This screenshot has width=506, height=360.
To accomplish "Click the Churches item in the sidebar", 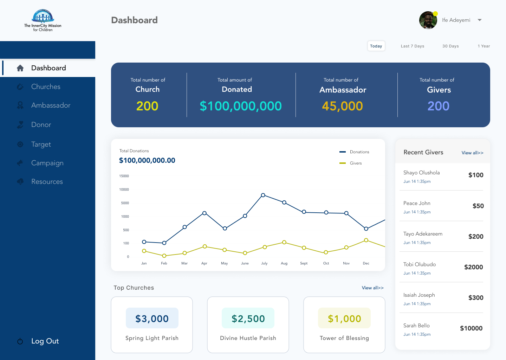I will coord(46,86).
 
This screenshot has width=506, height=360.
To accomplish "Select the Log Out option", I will coord(45,341).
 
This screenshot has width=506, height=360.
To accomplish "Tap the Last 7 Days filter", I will coord(412,46).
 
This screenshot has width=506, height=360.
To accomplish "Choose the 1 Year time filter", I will coord(484,46).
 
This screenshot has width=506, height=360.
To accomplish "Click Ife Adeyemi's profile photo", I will coord(428,20).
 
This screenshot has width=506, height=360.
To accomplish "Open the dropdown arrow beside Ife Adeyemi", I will coord(480,20).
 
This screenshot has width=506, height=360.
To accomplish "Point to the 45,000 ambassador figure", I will coord(342,106).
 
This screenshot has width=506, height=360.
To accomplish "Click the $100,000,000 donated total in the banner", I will coord(241,106).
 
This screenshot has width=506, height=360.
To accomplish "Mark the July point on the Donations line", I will coord(263,195).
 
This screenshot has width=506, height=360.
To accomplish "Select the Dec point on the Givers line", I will coord(366,240).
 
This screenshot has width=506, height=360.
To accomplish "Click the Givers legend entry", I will coord(356,163).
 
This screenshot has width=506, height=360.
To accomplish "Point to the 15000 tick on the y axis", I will coord(124,176).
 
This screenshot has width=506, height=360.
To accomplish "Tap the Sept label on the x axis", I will coord(304,263).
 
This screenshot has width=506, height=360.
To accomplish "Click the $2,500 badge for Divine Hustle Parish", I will coord(248,319).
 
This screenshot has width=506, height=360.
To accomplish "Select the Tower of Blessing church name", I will coord(344,338).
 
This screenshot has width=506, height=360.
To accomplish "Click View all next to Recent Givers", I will coord(472,153).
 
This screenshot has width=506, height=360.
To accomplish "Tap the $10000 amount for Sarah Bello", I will coord(471,328).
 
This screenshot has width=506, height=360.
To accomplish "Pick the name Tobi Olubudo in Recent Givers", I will coord(420,264).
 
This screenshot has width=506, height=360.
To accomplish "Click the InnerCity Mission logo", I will coord(43,20).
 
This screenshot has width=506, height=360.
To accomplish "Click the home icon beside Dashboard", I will coord(20,68).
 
